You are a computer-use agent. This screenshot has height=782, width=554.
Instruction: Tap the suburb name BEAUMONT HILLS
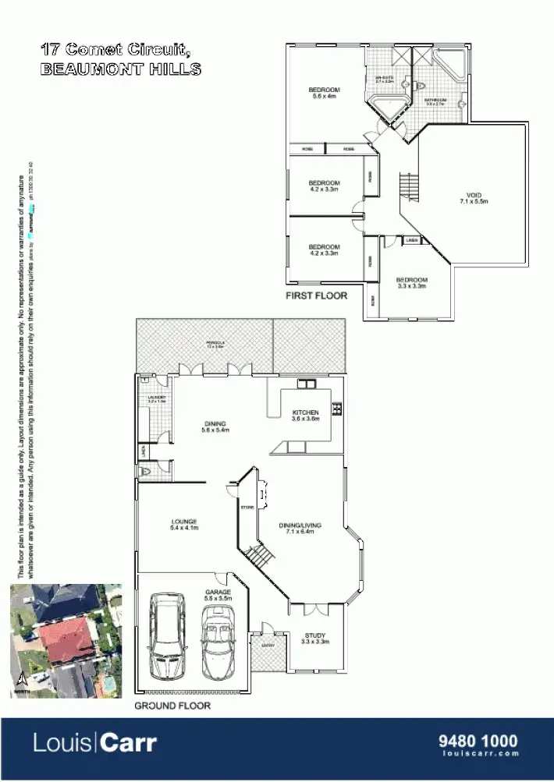[121, 69]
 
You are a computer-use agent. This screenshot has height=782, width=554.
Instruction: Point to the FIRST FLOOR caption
[316, 295]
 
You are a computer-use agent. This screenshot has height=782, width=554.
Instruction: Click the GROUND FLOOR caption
[172, 706]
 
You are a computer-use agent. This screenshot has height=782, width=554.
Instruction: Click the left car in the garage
[166, 635]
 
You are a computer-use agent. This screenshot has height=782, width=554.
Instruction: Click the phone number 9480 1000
[479, 741]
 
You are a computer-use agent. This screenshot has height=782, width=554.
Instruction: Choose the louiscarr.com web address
[479, 754]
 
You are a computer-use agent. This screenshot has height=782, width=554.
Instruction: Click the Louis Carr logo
[94, 742]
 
